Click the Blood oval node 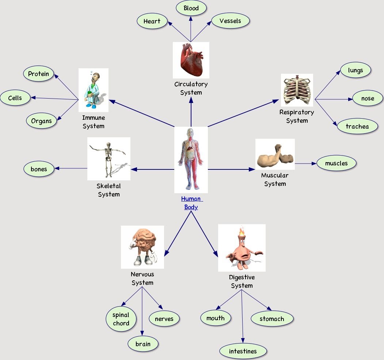point(191,8)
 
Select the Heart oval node point(152,21)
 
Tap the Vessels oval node point(230,21)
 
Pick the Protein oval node point(38,74)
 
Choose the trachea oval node point(357,127)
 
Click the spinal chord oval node point(121,319)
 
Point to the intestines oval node point(243,351)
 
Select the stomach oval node point(272,319)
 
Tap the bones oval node point(39,169)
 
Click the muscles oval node point(336,163)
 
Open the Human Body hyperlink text point(191,203)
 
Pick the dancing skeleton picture point(109,158)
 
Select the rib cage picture point(297,90)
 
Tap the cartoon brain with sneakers point(142,247)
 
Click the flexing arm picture point(275,154)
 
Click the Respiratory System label point(297,116)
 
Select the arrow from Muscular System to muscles point(305,164)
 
